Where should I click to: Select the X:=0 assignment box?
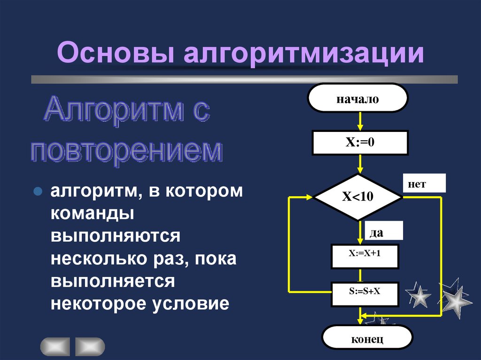pyautogui.click(x=360, y=143)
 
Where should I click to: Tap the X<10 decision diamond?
pyautogui.click(x=358, y=197)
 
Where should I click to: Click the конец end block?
pyautogui.click(x=367, y=338)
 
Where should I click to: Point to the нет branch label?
pyautogui.click(x=423, y=184)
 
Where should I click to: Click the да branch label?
pyautogui.click(x=384, y=231)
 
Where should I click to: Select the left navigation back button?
pyautogui.click(x=55, y=346)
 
